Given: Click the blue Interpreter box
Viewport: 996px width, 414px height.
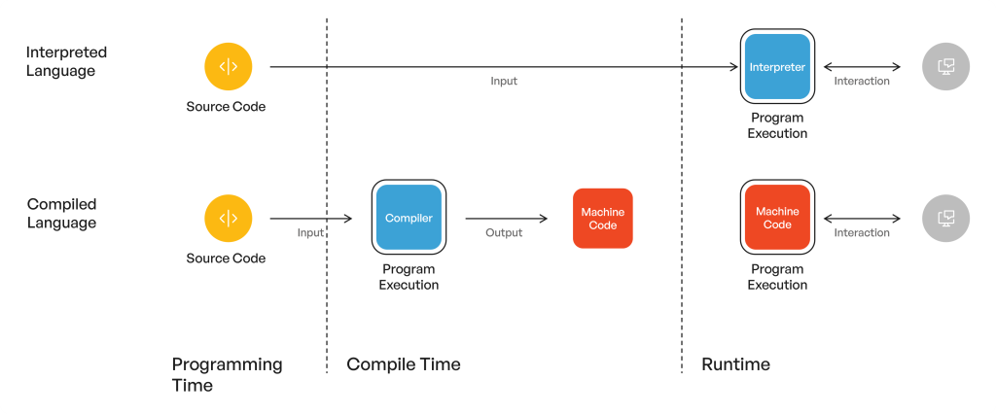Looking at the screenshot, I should coord(777,66).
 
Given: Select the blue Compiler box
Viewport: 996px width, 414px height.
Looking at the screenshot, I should coord(409,218).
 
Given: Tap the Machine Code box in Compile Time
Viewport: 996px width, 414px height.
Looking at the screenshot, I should coord(602,218).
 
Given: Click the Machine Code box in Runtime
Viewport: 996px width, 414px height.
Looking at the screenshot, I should coord(777,218).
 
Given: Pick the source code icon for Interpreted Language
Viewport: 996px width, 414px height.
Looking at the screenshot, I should coord(228,67).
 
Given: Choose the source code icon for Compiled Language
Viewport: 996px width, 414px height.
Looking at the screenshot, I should coord(228,219).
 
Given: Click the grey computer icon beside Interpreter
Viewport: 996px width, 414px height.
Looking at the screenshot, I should coord(945,67).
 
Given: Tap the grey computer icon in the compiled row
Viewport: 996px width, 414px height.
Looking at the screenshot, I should coord(945,219).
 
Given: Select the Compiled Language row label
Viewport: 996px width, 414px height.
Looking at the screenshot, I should coord(62,213).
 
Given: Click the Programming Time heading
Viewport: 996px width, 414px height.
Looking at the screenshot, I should coord(227,374).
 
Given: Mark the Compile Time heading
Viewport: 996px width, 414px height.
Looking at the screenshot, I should coord(404,364).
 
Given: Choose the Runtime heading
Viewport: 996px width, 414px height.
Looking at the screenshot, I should coord(735,364).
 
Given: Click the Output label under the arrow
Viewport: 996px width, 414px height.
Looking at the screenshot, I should coord(505,232).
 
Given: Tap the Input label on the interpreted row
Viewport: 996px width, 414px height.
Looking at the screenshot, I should coord(504,81).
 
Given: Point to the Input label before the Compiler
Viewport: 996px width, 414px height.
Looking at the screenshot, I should coord(310,232).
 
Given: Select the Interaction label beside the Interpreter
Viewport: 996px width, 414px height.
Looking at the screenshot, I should coord(862,81).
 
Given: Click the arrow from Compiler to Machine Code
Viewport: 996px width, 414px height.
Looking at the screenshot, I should coord(506,219).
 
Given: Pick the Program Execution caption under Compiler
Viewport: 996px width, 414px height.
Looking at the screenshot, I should coord(409,277).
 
